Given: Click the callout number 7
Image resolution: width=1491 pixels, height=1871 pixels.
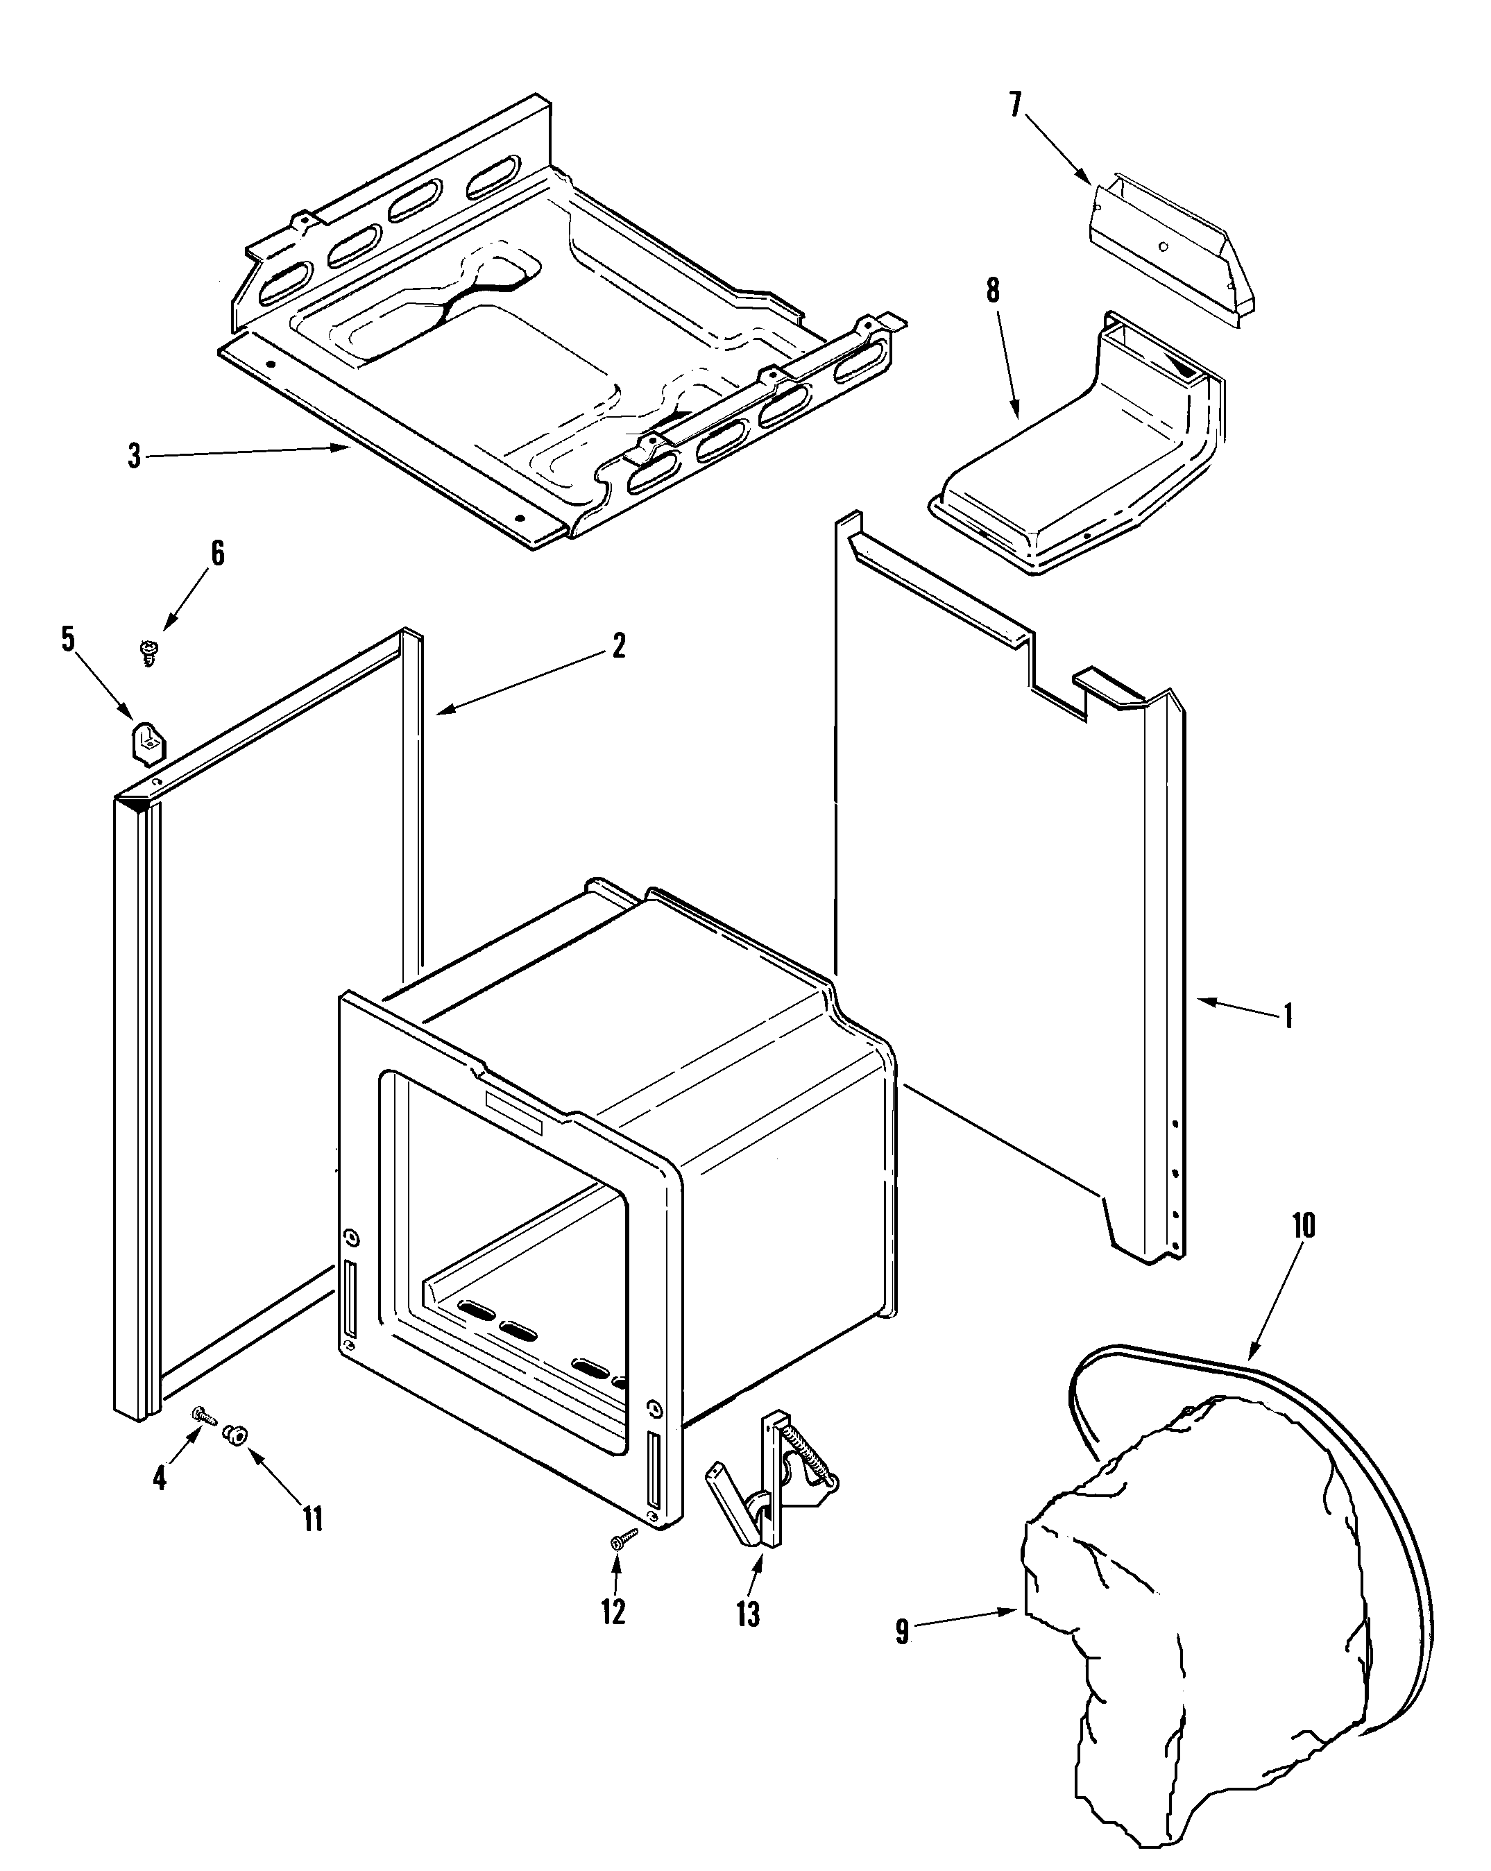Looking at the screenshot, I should click(1016, 105).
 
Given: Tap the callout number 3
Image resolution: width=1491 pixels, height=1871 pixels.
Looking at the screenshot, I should click(135, 456).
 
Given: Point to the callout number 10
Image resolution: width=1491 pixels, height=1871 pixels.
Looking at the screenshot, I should click(1304, 1225).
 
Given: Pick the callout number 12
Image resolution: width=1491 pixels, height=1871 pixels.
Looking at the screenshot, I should click(613, 1612).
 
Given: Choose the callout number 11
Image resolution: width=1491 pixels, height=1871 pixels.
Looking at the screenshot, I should click(312, 1518).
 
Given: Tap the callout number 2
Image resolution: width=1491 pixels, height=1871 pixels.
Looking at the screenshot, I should click(618, 646).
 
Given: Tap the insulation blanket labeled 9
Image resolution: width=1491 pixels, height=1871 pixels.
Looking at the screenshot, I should click(1198, 1605).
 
